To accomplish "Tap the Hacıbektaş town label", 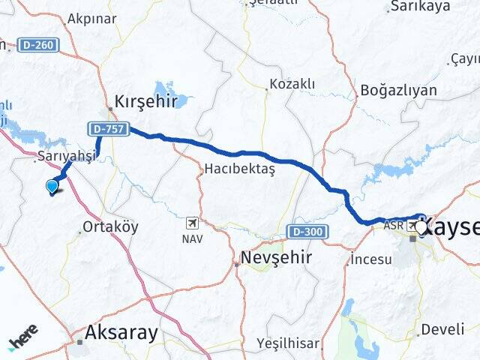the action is [240, 169].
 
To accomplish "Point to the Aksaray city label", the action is [121, 331].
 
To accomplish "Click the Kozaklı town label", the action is [292, 84].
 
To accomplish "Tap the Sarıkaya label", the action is [419, 7].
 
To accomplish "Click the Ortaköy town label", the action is [110, 226].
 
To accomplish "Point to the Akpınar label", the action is [91, 19].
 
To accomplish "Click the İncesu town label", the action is [371, 260].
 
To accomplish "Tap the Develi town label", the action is [442, 329].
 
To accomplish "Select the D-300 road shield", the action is [306, 232].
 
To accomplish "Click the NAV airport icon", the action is [193, 223].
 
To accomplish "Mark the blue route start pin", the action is [52, 186].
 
